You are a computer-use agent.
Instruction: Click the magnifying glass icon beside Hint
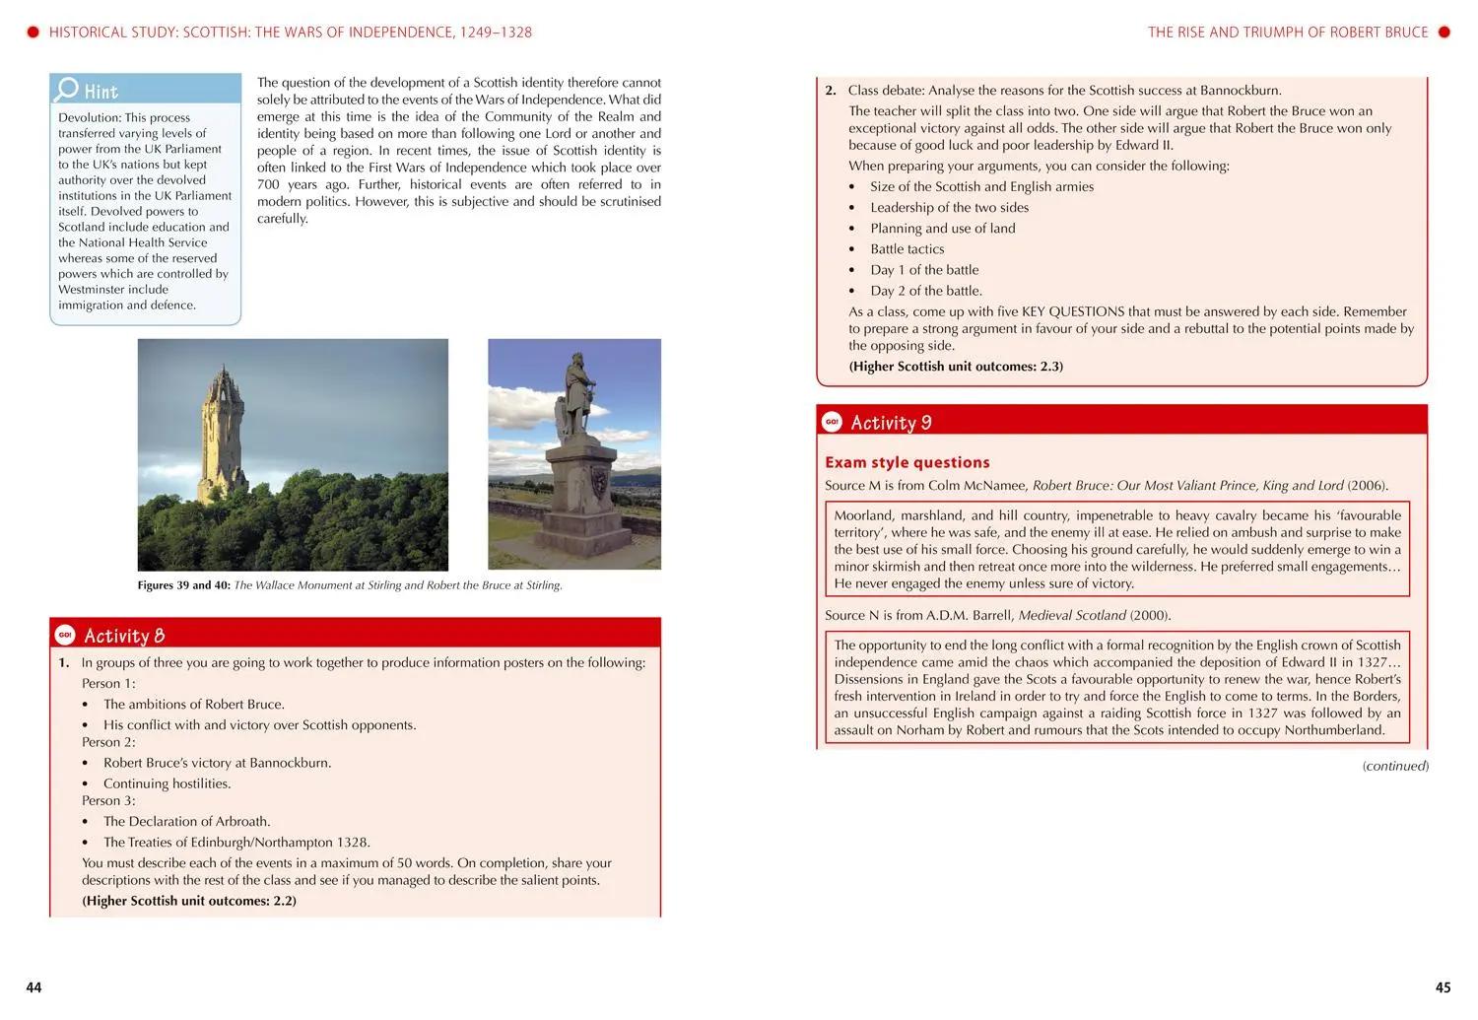pyautogui.click(x=67, y=90)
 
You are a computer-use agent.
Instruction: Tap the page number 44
pyautogui.click(x=34, y=987)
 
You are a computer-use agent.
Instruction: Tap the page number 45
pyautogui.click(x=1443, y=987)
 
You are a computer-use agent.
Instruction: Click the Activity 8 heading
pyautogui.click(x=124, y=636)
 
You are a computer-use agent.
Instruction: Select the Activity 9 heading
pyautogui.click(x=891, y=423)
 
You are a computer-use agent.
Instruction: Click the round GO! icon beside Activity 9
pyautogui.click(x=833, y=422)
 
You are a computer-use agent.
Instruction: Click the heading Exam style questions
pyautogui.click(x=907, y=462)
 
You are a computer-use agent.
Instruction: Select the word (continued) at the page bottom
pyautogui.click(x=1395, y=766)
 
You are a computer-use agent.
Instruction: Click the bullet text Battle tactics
pyautogui.click(x=907, y=249)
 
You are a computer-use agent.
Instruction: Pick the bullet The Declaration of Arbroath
pyautogui.click(x=186, y=821)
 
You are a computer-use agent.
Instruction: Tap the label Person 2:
pyautogui.click(x=108, y=742)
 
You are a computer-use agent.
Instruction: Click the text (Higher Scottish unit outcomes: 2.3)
pyautogui.click(x=956, y=367)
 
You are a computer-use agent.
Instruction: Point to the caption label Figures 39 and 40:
pyautogui.click(x=183, y=585)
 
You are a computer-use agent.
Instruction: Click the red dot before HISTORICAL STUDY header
pyautogui.click(x=33, y=32)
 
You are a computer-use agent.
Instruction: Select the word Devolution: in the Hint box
pyautogui.click(x=89, y=117)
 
